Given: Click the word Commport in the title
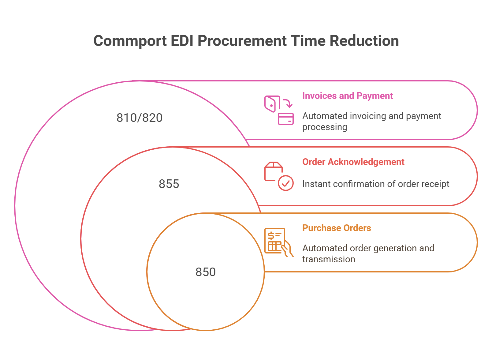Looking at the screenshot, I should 130,41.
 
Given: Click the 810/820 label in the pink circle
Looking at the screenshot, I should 140,118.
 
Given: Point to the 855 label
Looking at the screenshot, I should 169,184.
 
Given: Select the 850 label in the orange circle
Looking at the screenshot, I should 206,272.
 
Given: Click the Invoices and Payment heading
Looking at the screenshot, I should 347,96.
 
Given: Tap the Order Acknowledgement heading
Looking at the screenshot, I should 353,162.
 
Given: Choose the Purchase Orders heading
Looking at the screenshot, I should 337,228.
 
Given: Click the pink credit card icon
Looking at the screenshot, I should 285,119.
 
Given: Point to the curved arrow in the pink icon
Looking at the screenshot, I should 287,103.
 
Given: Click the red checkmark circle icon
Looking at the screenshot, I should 286,183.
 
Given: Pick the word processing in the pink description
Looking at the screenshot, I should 325,127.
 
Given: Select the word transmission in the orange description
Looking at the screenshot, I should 329,259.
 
